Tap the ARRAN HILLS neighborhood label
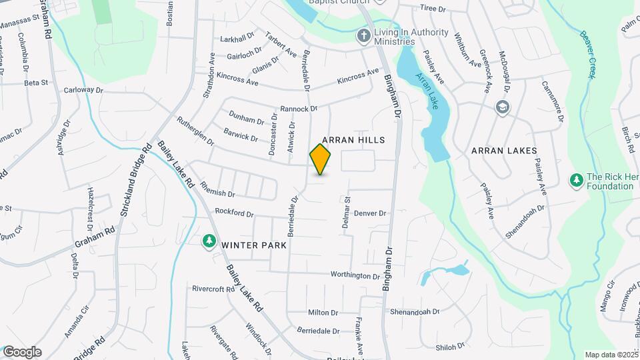[353, 140]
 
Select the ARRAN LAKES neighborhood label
[504, 151]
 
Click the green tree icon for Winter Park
[209, 241]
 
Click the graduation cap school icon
[501, 107]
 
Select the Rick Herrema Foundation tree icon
[576, 180]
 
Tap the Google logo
[22, 352]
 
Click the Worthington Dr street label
[355, 275]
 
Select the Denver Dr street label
[370, 213]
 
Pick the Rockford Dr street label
[235, 214]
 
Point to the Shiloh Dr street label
[450, 347]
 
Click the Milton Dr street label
[324, 313]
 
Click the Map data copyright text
[610, 355]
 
